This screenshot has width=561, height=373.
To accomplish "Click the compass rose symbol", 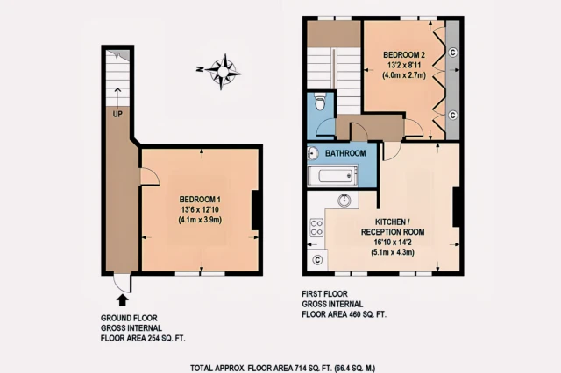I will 225,70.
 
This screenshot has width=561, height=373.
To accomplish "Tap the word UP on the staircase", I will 117,113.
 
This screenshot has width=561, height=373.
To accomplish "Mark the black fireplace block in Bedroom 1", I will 255,211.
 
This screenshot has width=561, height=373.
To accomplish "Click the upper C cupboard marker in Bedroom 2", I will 452,52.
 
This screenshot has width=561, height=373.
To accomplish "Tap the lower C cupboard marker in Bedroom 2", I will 452,115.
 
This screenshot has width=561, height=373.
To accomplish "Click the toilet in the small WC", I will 322,103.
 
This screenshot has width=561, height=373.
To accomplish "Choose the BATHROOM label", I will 344,154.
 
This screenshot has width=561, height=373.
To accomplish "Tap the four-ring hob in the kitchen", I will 316,231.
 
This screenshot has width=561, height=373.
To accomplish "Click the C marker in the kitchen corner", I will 316,260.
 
